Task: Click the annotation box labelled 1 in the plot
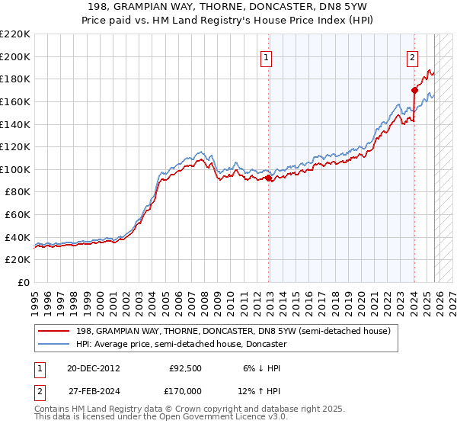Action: (267, 56)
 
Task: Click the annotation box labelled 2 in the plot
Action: (412, 56)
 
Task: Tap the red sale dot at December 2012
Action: (268, 178)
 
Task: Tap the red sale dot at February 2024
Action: (414, 90)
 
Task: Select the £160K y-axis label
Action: (15, 101)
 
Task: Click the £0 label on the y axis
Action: (23, 282)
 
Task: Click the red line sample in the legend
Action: (55, 331)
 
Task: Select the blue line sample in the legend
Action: (55, 344)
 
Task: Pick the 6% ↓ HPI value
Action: (260, 368)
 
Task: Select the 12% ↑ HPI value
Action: (260, 390)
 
